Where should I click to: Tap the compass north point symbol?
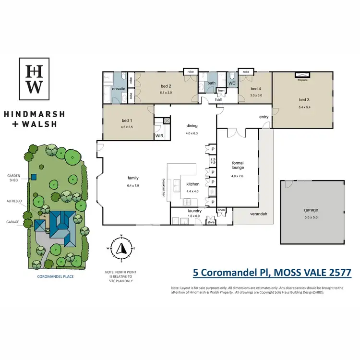121,248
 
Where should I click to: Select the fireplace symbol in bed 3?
302,75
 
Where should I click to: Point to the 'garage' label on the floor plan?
311,210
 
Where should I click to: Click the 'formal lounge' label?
238,166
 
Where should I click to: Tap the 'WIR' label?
160,136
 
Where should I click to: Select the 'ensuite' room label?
119,89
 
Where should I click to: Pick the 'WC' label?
232,83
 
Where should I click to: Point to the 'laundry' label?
194,211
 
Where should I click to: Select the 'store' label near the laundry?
210,222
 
